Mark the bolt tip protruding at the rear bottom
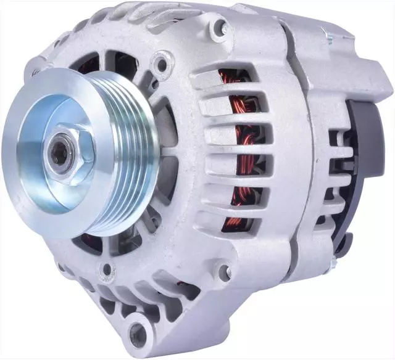[x=334, y=264]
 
